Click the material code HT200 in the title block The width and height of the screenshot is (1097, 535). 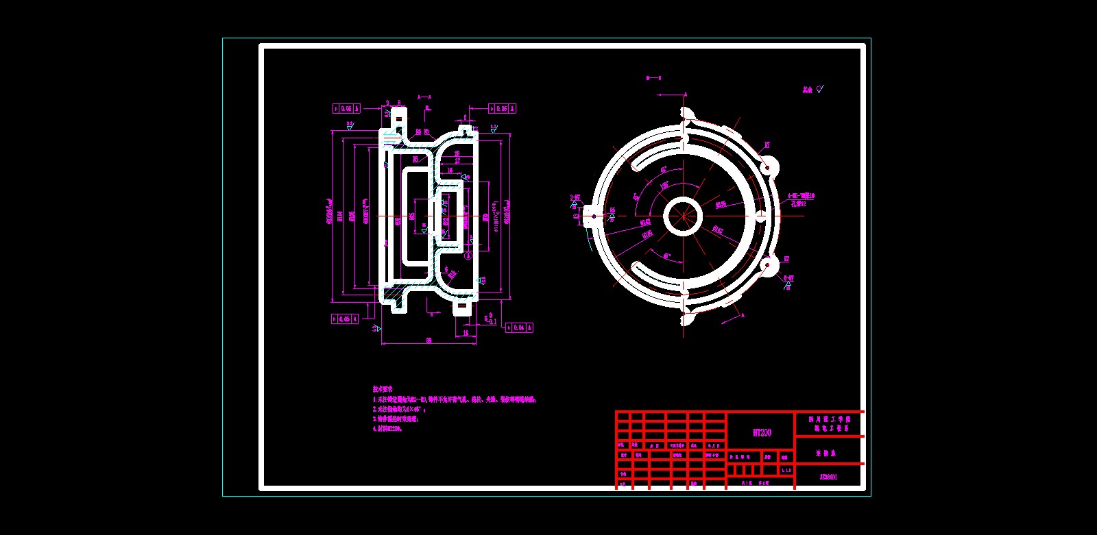point(762,432)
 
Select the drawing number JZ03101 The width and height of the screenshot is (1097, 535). point(828,477)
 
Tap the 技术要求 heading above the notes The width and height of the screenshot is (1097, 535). point(383,389)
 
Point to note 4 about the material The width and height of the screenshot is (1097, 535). point(387,429)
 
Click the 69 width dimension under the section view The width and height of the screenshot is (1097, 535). point(429,340)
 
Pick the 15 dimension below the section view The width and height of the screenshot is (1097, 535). point(466,334)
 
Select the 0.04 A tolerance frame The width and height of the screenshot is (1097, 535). point(519,328)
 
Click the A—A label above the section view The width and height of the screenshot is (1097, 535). point(424,97)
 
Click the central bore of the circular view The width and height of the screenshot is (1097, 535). point(683,216)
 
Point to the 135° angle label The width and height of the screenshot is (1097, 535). point(665,186)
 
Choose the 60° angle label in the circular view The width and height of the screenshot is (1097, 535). point(667,256)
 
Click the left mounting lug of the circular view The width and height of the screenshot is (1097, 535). point(590,216)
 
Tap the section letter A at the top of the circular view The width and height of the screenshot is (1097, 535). point(685,95)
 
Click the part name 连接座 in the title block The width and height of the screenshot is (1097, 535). point(825,453)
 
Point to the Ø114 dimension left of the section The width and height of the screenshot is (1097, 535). point(339,216)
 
